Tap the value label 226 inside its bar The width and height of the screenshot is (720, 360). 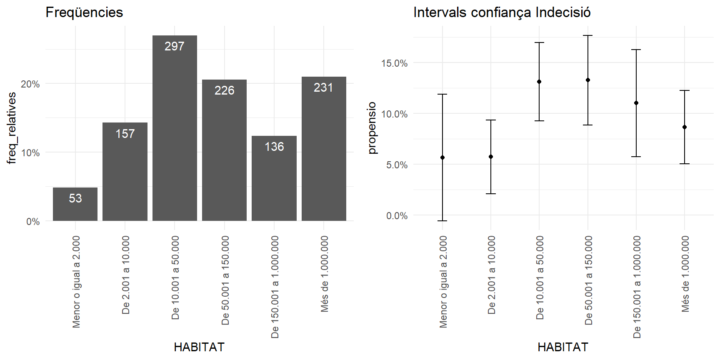point(224,90)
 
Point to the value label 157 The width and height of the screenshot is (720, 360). point(125,134)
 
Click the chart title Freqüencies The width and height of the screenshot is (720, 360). point(84,12)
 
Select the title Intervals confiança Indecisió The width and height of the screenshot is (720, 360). point(502,12)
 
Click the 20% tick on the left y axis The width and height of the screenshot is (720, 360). point(30,84)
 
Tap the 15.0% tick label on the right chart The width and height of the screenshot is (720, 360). point(394,63)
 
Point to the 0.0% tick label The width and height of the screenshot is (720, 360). point(397,216)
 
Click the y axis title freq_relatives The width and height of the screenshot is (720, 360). point(12,128)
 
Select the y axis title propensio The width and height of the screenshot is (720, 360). point(372,128)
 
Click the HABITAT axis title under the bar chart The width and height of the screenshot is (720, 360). point(199,347)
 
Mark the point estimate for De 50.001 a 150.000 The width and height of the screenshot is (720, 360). point(588,80)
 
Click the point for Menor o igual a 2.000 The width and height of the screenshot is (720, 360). point(442,157)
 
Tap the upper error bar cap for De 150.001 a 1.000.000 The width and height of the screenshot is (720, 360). point(636,50)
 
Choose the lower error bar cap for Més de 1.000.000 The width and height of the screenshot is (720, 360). point(685,164)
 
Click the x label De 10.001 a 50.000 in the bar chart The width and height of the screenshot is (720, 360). point(175,277)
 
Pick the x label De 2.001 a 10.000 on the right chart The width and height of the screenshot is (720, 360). point(492,275)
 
